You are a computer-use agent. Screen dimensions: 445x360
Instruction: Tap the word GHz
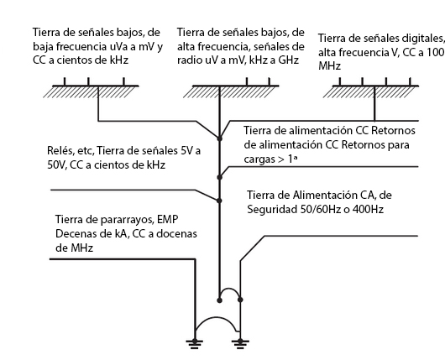[x=287, y=60]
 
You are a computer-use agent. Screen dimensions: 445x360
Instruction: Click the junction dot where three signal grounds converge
[x=219, y=138]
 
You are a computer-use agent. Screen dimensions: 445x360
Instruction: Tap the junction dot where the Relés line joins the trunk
[x=219, y=201]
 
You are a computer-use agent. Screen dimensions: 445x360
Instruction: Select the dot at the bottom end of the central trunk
[x=219, y=300]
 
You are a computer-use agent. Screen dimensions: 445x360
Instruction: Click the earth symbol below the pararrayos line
[x=195, y=343]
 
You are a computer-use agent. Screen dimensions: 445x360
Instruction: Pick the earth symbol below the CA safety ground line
[x=240, y=343]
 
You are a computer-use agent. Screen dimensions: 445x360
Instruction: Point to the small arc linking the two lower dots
[x=229, y=289]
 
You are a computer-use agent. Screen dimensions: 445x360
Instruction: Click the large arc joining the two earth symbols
[x=217, y=317]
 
